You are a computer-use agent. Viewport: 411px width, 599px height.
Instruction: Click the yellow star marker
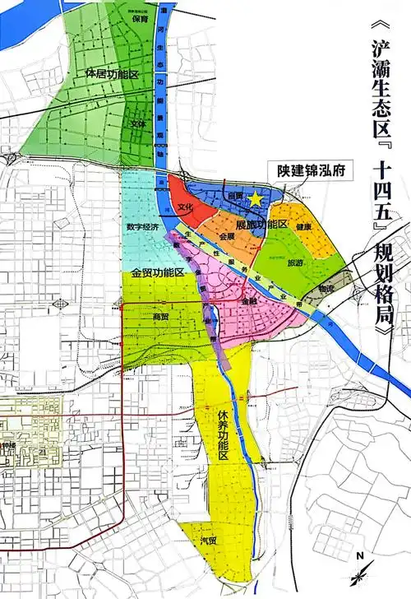point(257,197)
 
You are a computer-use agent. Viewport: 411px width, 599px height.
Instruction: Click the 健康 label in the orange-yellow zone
point(302,227)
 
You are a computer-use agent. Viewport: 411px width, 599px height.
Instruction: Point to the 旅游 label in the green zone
point(294,263)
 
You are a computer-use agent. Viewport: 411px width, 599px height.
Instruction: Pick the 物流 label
point(326,289)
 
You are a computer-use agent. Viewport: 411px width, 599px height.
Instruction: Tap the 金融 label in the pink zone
point(249,302)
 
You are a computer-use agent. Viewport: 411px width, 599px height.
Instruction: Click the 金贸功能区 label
point(157,272)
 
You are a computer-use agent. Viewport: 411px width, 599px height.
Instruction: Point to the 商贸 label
point(161,315)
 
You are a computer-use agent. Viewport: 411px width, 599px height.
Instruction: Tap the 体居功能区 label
point(110,74)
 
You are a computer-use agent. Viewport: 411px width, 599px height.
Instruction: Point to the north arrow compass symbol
point(359,569)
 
